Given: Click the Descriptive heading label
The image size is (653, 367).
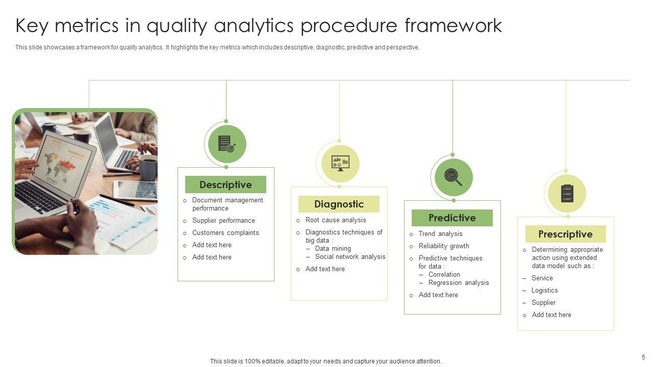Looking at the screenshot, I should coord(225,185).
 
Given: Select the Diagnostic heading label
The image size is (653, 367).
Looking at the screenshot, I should coord(339,204).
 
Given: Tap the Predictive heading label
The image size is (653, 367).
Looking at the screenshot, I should coord(452,218).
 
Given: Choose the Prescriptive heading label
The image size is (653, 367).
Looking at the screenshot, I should coord(565,234).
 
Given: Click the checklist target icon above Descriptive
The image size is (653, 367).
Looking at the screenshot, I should coord(227,144).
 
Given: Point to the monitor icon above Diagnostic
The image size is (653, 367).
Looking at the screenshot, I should coord(340,163).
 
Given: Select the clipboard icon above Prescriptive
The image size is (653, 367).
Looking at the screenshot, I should coord(566,193).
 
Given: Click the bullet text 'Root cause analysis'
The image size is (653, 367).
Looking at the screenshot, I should coord(336,220).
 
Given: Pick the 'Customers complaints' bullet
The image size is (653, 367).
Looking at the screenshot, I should coord(225,233).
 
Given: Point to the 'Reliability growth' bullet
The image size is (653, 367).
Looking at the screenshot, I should coord(444,246).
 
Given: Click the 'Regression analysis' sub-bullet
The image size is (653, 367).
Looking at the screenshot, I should coord(459,283).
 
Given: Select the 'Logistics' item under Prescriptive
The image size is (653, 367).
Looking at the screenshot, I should coord(544,291).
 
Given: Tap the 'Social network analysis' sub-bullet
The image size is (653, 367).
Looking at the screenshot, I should coord(350,257).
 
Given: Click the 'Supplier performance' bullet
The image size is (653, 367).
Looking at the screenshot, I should coord(223,221).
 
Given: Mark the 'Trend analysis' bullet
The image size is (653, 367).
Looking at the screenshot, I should coord(440,234).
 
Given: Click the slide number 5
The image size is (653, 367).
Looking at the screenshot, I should coord(643,357).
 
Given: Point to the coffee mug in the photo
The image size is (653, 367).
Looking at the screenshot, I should coord(147,167).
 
